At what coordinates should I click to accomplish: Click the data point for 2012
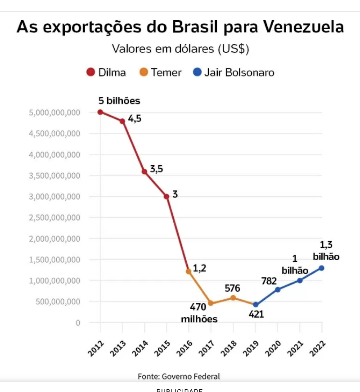pyautogui.click(x=100, y=112)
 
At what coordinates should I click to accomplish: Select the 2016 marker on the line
pyautogui.click(x=189, y=271)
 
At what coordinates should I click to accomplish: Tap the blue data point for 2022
pyautogui.click(x=322, y=268)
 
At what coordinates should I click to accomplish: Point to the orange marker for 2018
pyautogui.click(x=233, y=297)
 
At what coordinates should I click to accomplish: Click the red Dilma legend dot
pyautogui.click(x=90, y=72)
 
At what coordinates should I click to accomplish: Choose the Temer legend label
pyautogui.click(x=166, y=72)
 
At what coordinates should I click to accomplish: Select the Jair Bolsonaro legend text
pyautogui.click(x=239, y=72)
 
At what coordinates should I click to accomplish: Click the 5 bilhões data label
pyautogui.click(x=119, y=101)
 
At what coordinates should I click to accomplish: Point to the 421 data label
pyautogui.click(x=256, y=314)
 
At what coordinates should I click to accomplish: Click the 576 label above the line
pyautogui.click(x=232, y=288)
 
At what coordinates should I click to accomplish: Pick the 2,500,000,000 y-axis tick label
pyautogui.click(x=54, y=218)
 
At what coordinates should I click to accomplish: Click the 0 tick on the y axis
pyautogui.click(x=78, y=323)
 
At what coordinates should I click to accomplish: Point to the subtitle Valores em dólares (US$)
pyautogui.click(x=180, y=49)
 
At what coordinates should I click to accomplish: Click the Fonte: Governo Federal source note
pyautogui.click(x=179, y=376)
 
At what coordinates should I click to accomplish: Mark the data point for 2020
pyautogui.click(x=278, y=289)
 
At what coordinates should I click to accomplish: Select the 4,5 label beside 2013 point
pyautogui.click(x=135, y=119)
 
